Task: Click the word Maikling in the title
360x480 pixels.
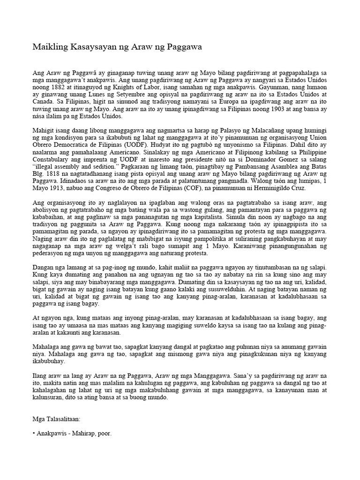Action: click(x=48, y=47)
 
